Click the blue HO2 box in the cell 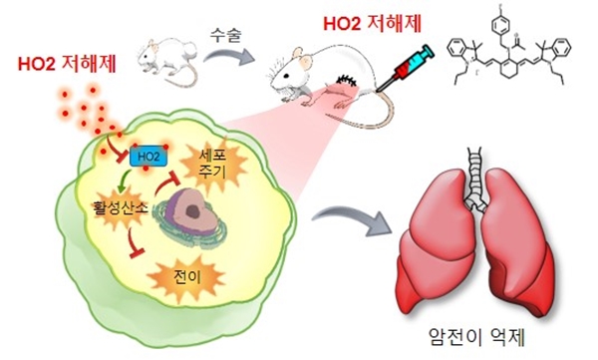[146, 157]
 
